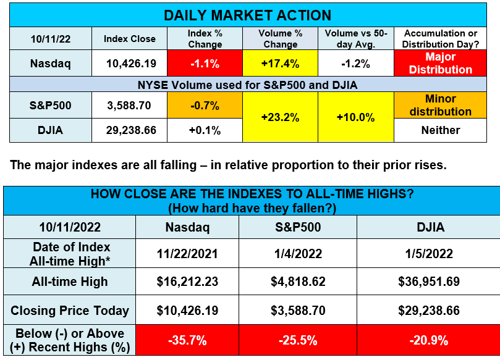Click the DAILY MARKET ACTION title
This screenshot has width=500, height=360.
click(248, 15)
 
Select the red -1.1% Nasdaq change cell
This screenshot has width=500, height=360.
click(205, 63)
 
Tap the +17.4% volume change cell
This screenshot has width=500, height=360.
click(281, 63)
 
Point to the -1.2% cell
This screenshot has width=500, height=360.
click(356, 63)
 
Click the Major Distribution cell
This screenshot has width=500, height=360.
click(441, 63)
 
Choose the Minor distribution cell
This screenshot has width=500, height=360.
click(441, 105)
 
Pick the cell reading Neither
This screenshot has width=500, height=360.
click(441, 130)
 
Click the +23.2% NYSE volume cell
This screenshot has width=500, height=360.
click(281, 117)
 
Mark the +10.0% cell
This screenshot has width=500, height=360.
click(356, 117)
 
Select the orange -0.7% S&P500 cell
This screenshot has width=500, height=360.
click(205, 105)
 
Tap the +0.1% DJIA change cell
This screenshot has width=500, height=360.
click(205, 130)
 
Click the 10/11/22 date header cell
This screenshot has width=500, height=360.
click(51, 38)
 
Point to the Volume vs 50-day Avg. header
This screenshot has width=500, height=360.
click(356, 38)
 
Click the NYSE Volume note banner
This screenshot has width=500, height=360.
click(248, 85)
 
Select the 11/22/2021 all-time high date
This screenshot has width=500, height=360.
click(187, 254)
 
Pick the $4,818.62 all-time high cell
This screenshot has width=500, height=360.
click(298, 282)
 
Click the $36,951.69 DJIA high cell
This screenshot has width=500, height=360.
click(428, 282)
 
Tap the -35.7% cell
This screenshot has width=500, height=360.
click(187, 340)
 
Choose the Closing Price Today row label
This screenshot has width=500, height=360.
click(69, 311)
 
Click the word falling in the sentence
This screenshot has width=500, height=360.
click(179, 165)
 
